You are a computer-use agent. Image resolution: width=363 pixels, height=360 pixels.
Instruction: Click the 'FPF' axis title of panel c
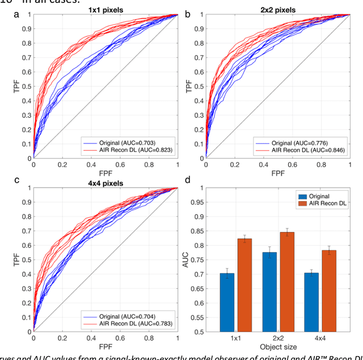coord(105,345)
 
